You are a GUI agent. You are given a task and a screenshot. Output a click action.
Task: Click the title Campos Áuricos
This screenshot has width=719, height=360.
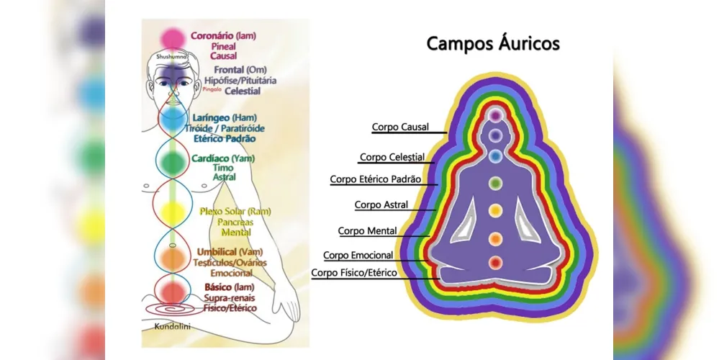click(x=493, y=43)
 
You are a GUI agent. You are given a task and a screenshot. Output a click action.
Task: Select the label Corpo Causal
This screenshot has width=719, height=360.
click(x=400, y=127)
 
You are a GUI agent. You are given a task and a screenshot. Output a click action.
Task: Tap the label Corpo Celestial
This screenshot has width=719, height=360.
click(x=392, y=157)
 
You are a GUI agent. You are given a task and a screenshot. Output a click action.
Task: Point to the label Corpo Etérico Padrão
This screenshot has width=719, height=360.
click(x=376, y=179)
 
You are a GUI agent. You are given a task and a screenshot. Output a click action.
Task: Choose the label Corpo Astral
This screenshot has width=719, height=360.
click(x=381, y=205)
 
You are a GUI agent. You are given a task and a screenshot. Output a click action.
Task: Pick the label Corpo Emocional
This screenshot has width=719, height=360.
click(x=358, y=256)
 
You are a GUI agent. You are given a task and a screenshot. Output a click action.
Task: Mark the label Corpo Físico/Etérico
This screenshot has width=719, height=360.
click(x=354, y=274)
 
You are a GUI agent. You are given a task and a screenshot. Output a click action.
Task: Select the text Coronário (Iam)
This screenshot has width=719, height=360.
click(x=223, y=35)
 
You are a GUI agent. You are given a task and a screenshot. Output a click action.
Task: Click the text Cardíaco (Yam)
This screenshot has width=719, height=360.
click(x=223, y=158)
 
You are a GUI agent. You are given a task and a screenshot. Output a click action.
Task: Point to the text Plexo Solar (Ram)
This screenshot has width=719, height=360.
click(x=235, y=211)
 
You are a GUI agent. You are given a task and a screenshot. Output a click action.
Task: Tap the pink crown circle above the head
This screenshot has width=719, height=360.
click(x=172, y=37)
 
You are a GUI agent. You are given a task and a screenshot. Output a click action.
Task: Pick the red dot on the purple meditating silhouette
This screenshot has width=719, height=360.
click(x=494, y=263)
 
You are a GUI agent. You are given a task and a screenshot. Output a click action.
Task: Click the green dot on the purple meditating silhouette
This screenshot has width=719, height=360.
click(x=494, y=183)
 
